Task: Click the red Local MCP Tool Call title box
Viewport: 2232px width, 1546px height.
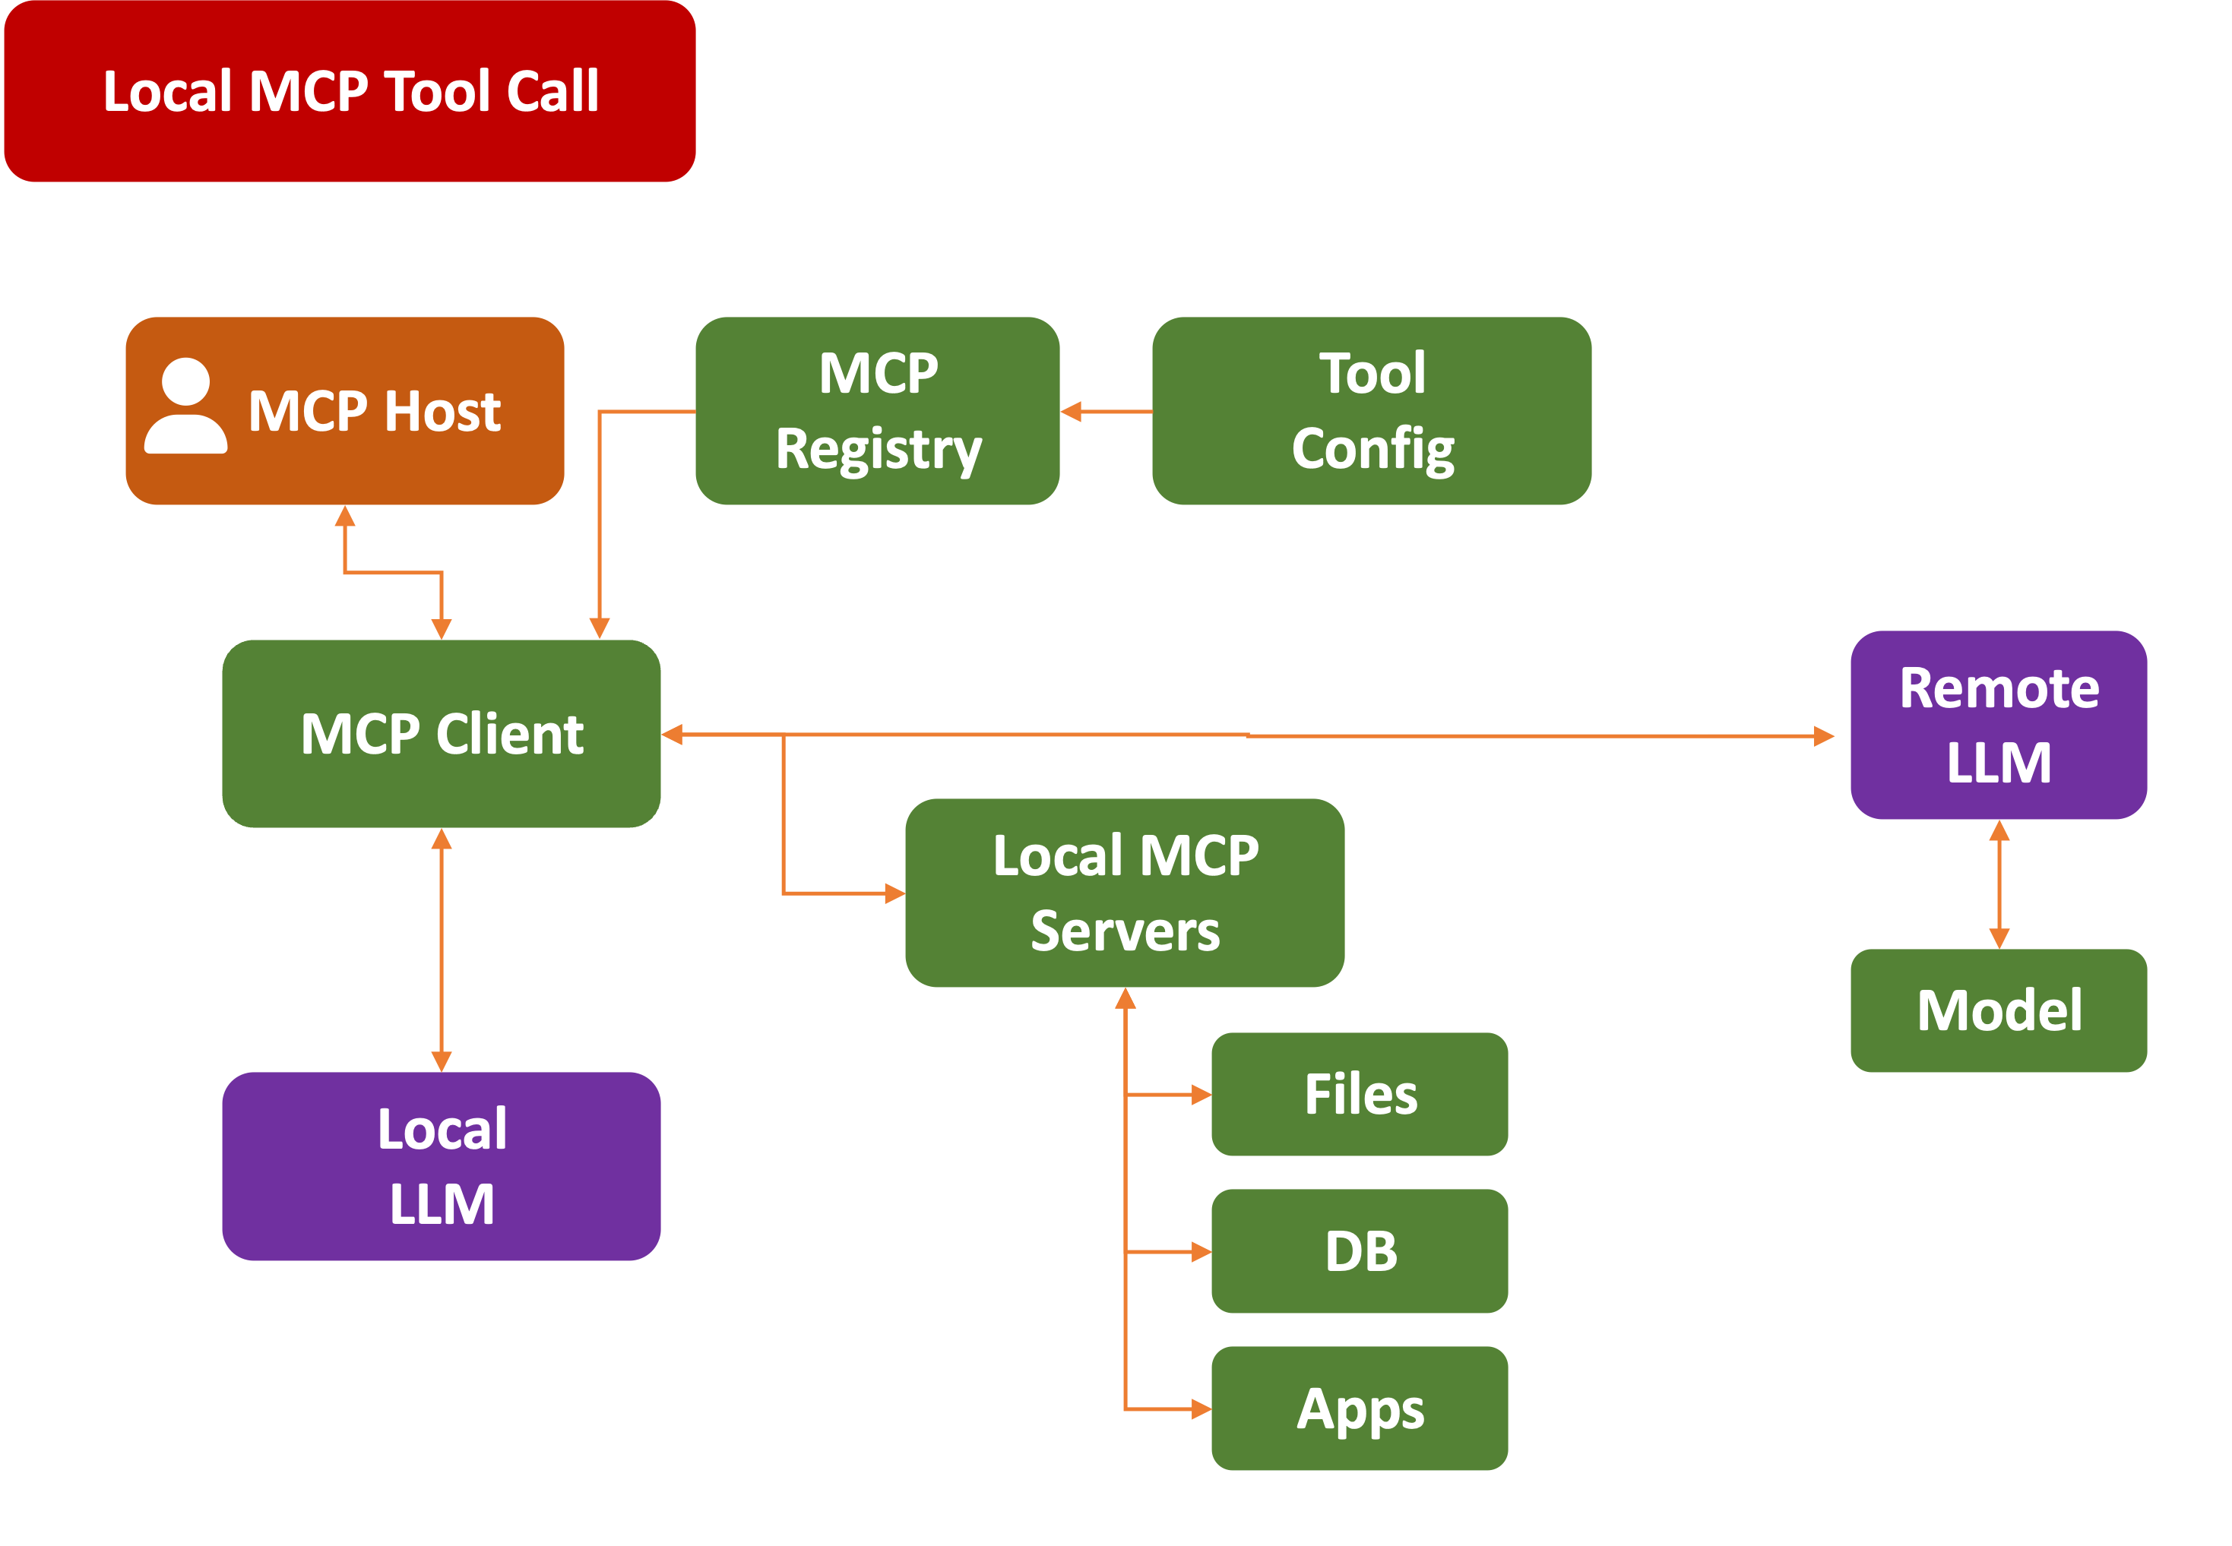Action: pyautogui.click(x=350, y=91)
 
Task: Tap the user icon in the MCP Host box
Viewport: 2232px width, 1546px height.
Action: pyautogui.click(x=186, y=407)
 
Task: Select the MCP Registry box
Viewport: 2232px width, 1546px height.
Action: pyautogui.click(x=878, y=411)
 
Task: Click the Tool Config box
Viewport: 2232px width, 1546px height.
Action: pyautogui.click(x=1372, y=411)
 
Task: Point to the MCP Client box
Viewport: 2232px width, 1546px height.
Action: pyautogui.click(x=442, y=733)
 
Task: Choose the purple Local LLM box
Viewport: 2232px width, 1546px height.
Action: pyautogui.click(x=442, y=1165)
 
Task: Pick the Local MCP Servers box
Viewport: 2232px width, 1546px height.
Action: pyautogui.click(x=1125, y=892)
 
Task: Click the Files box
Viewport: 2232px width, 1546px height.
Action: pyautogui.click(x=1359, y=1094)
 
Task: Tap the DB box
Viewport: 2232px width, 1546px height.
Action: pyautogui.click(x=1359, y=1250)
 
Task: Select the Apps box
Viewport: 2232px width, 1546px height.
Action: pyautogui.click(x=1359, y=1408)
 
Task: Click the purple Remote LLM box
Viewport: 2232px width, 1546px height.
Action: pyautogui.click(x=1999, y=725)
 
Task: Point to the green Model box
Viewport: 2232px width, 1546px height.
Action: pyautogui.click(x=1999, y=1010)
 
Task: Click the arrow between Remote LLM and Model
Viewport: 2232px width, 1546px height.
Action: pyautogui.click(x=1999, y=884)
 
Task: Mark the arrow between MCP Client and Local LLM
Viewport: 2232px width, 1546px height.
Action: pyautogui.click(x=442, y=950)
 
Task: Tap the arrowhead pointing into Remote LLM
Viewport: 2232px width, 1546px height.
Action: pyautogui.click(x=1823, y=736)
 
